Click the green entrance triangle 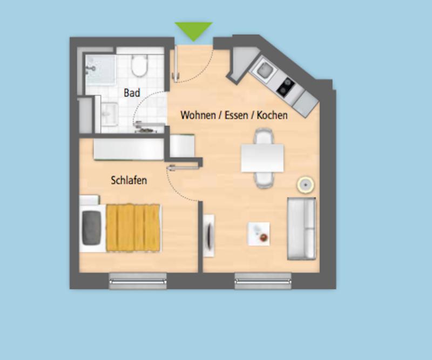pos(193,30)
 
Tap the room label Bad pos(132,92)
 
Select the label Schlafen pos(129,181)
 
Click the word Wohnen pos(198,115)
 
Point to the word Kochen pos(272,115)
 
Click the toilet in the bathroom pos(139,65)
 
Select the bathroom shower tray pos(100,70)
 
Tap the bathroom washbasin pos(110,114)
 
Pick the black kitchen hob pos(286,86)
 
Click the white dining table pos(262,158)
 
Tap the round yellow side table pos(306,184)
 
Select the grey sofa pos(301,229)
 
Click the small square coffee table pos(259,234)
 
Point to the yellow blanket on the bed pos(133,228)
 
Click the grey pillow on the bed pos(91,228)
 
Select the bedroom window pos(138,281)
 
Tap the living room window pos(263,281)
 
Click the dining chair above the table pos(264,136)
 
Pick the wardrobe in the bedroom pos(129,149)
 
